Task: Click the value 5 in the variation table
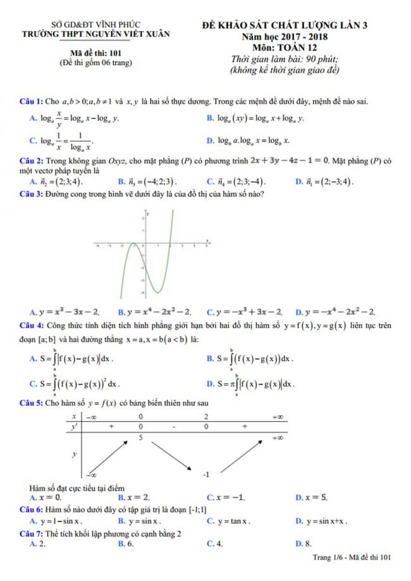pyautogui.click(x=140, y=437)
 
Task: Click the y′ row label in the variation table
pyautogui.click(x=74, y=427)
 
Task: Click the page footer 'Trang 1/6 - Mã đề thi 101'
pyautogui.click(x=353, y=557)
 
